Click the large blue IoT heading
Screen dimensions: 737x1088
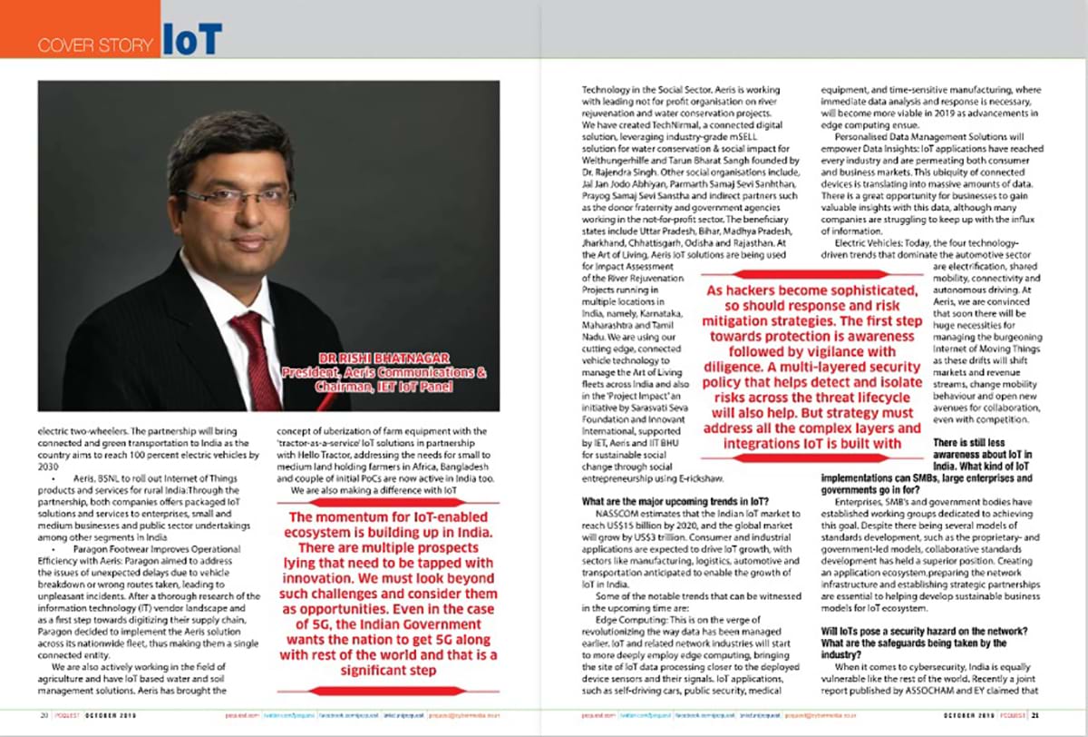pos(192,40)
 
